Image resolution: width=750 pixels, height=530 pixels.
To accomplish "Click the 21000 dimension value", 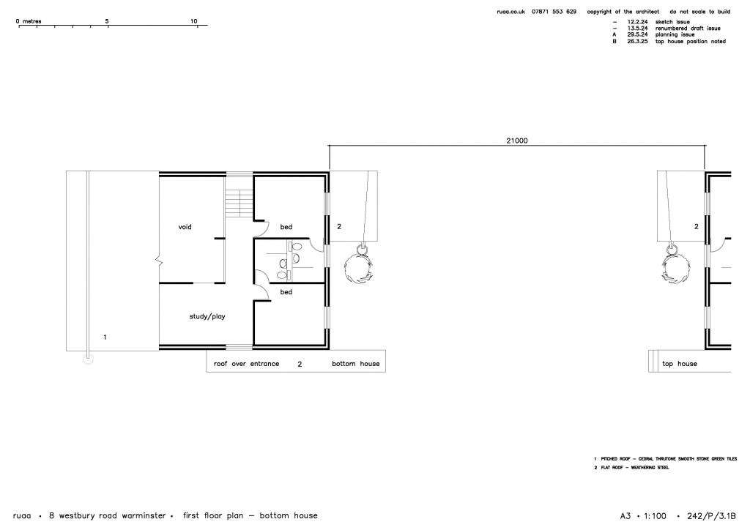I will click(516, 140).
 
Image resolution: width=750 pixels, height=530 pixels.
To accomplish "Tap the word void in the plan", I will click(185, 227).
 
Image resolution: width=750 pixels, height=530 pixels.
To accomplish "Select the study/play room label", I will click(206, 317).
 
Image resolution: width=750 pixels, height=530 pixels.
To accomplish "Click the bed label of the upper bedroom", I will click(286, 227).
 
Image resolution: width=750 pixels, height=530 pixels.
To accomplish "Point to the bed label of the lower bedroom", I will click(286, 292).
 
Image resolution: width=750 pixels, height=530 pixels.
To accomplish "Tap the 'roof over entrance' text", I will click(246, 364).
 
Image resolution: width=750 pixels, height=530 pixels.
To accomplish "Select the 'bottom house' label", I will click(356, 364).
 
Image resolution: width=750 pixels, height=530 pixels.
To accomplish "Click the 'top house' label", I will click(679, 364).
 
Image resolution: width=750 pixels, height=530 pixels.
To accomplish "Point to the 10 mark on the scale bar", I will click(194, 21).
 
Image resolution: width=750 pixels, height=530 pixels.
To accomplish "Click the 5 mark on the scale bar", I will click(107, 21).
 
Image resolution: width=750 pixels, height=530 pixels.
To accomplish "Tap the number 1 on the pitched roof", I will click(105, 337).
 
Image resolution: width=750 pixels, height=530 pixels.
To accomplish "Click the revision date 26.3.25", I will click(641, 41).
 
